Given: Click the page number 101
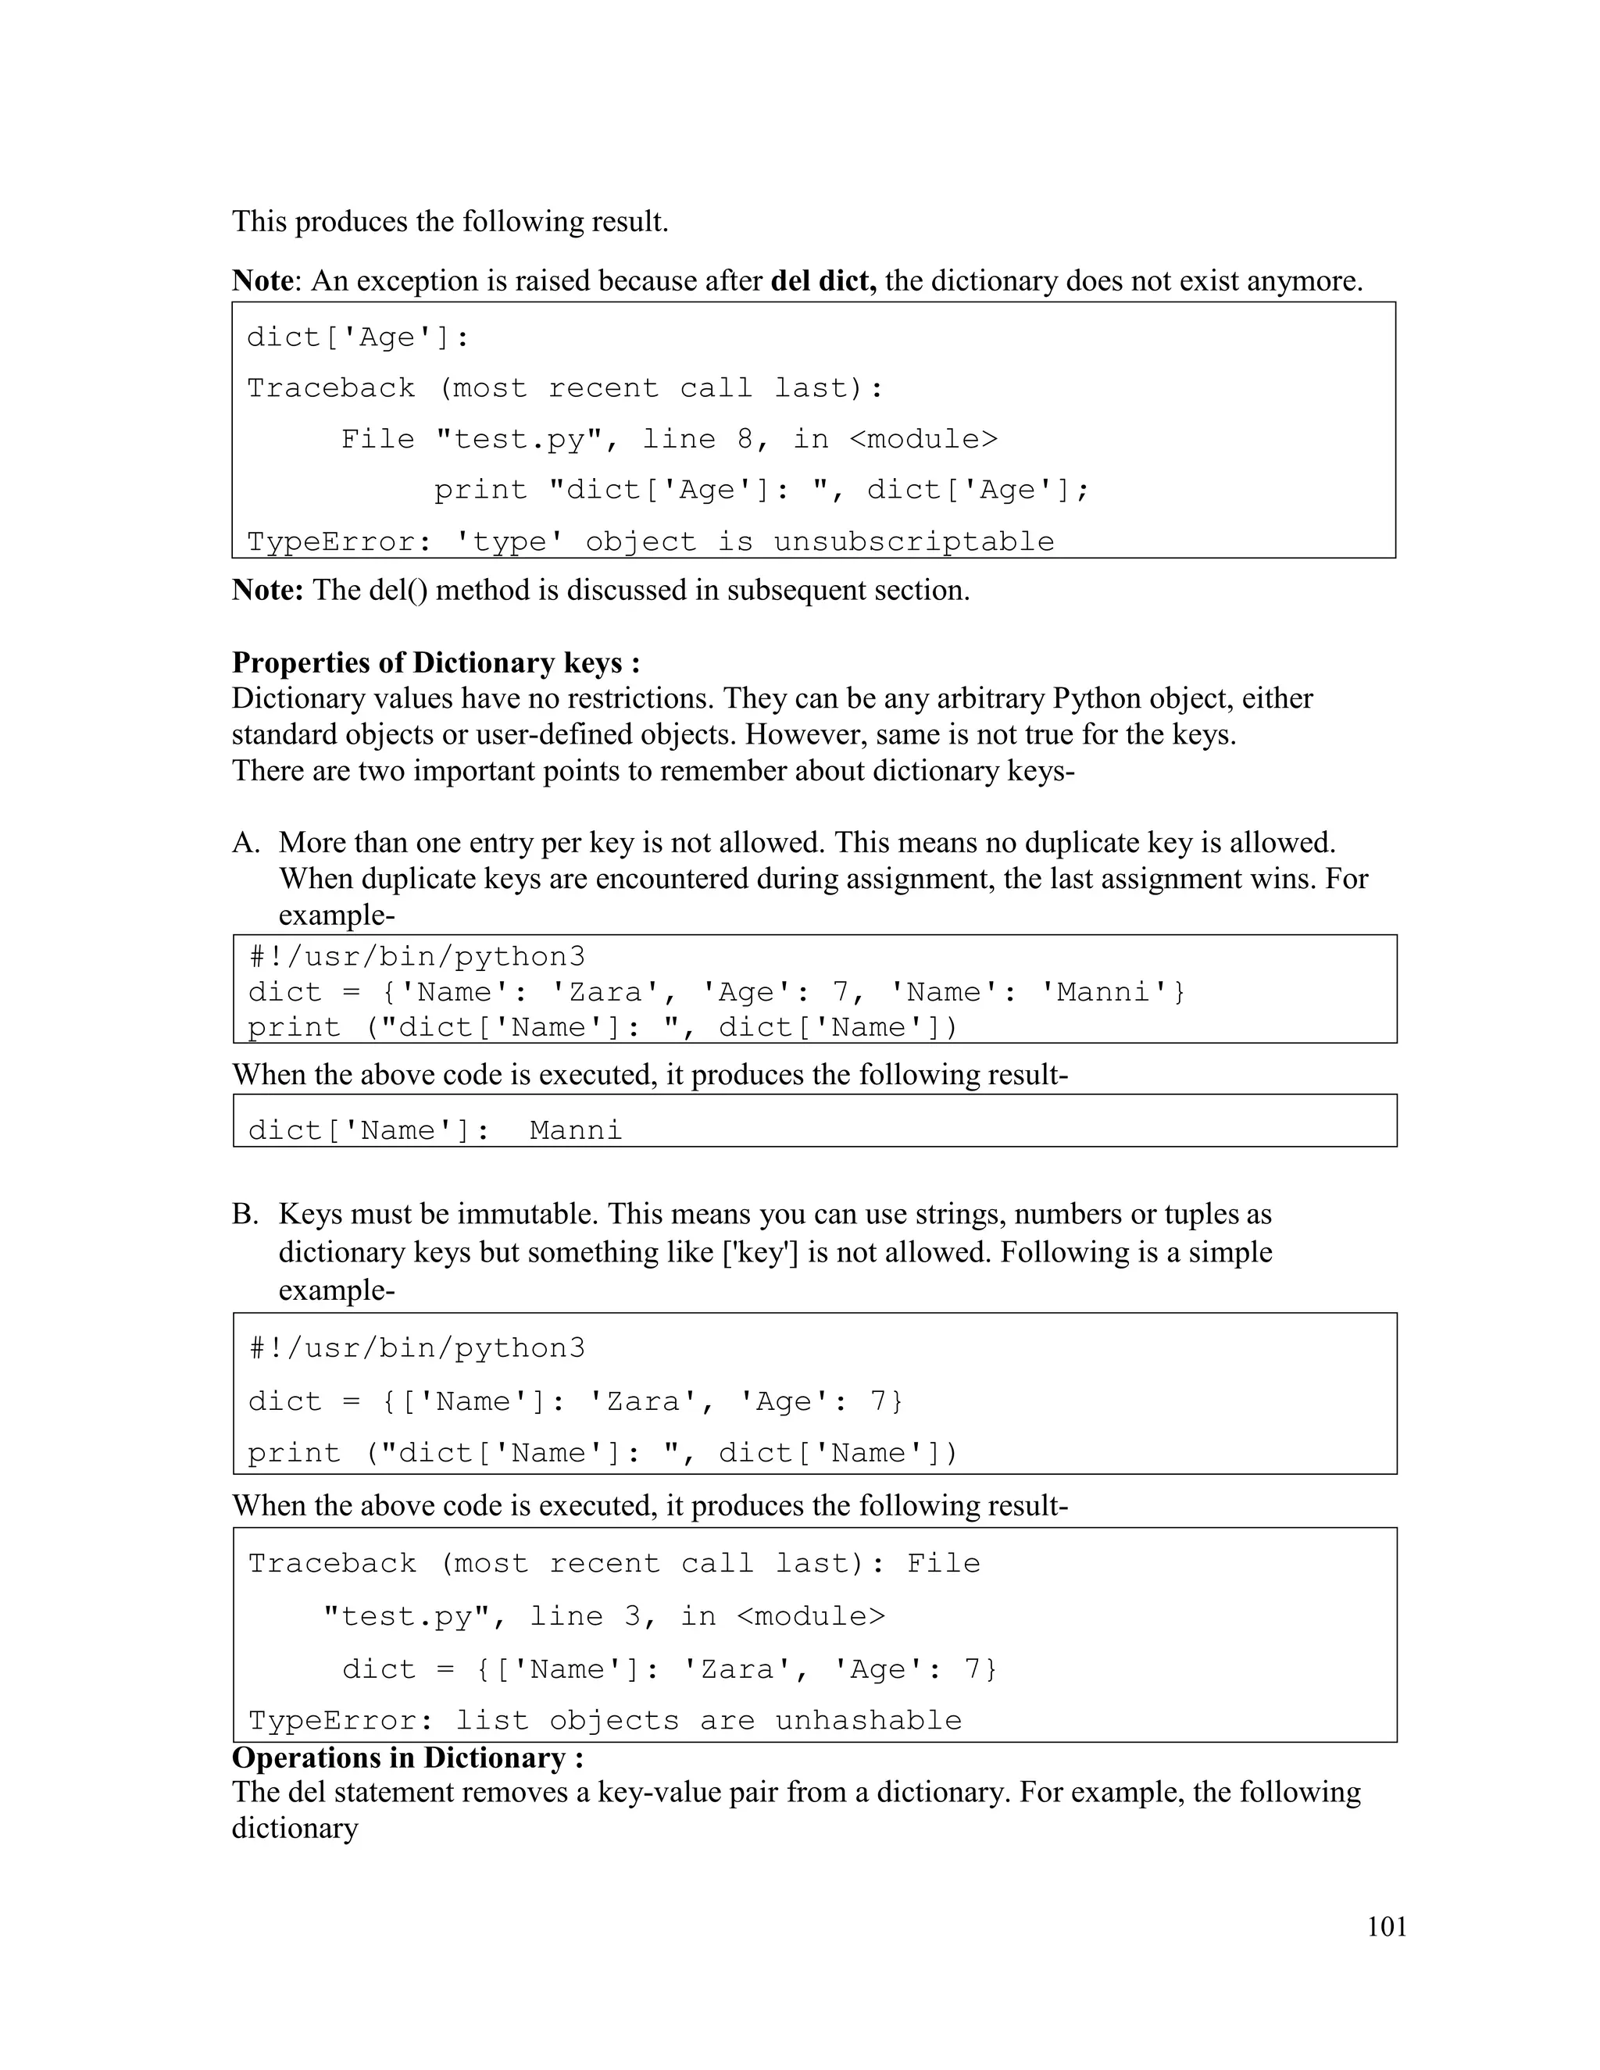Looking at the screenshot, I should pyautogui.click(x=1387, y=1927).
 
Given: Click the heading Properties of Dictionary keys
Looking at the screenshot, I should pyautogui.click(x=435, y=662).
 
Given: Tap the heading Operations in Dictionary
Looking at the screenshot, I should pyautogui.click(x=408, y=1758).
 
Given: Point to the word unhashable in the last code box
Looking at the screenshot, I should pyautogui.click(x=868, y=1720).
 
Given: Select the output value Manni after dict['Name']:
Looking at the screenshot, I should pyautogui.click(x=575, y=1131).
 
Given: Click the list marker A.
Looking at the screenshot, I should pyautogui.click(x=245, y=843).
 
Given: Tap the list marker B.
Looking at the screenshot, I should pyautogui.click(x=245, y=1214).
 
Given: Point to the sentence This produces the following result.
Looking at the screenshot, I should pyautogui.click(x=450, y=222).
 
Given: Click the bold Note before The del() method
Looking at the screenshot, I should pyautogui.click(x=267, y=591).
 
